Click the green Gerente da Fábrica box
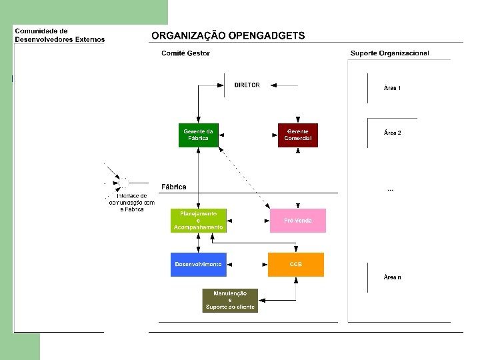coord(199,135)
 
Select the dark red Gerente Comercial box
coord(297,135)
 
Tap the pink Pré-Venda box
coord(297,221)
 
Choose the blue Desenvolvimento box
coord(199,265)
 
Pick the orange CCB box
coord(296,265)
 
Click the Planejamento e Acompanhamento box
coord(199,221)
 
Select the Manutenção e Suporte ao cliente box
coord(230,300)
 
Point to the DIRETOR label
coord(247,85)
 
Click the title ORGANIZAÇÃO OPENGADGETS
coord(228,36)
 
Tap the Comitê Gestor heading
coord(185,53)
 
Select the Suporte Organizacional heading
coord(390,53)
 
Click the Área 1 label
coord(392,88)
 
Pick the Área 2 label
coord(392,133)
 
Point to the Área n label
coord(392,277)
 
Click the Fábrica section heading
coord(174,187)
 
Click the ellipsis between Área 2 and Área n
coord(391,190)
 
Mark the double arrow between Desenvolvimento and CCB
coord(247,265)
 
